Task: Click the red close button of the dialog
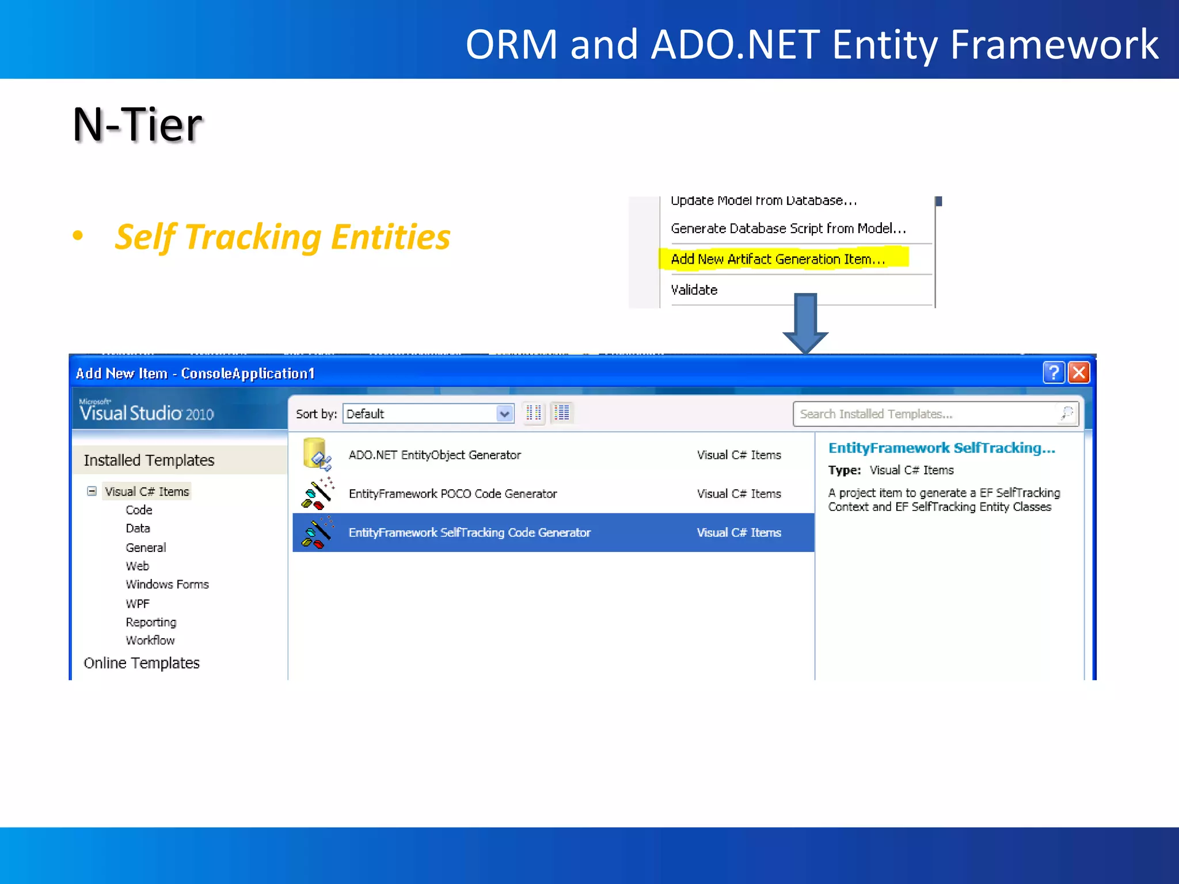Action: tap(1079, 372)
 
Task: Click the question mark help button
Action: tap(1054, 372)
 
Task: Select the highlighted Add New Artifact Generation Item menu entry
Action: tap(777, 259)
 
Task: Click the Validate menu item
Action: tap(694, 290)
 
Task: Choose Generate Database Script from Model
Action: tap(788, 228)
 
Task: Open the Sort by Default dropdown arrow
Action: tap(504, 414)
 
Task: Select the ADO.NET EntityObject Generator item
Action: tap(435, 455)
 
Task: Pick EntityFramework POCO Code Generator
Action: tap(452, 494)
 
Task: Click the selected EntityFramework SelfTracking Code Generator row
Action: tap(469, 533)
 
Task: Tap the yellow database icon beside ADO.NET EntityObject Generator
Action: tap(316, 454)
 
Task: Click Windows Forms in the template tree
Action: tap(167, 584)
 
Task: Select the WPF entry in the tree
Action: tap(138, 604)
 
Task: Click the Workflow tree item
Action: tap(150, 640)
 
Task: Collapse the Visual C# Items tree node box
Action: tap(92, 491)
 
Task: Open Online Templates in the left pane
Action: tap(142, 663)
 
